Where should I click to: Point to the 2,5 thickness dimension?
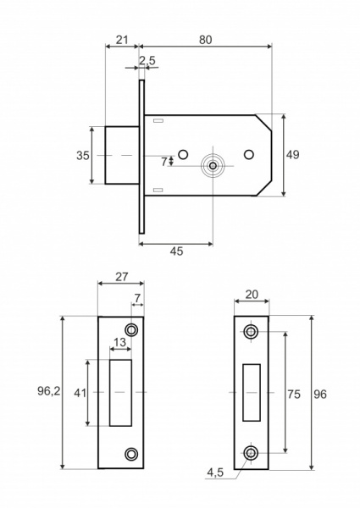pos(147,60)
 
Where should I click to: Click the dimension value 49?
pos(294,155)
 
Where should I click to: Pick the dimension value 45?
pos(175,251)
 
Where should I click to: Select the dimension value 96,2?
pos(51,392)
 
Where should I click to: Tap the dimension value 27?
pos(121,275)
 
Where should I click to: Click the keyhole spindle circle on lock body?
pos(213,165)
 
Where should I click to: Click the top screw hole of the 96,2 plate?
pos(131,329)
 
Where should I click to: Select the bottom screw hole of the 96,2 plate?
pos(131,455)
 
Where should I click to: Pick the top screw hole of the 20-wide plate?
pos(252,332)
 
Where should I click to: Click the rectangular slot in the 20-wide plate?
pos(252,393)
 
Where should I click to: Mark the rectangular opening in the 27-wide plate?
pos(122,393)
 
